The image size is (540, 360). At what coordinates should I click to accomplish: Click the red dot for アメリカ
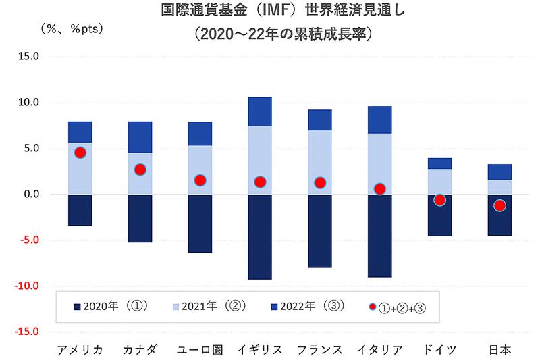click(x=80, y=153)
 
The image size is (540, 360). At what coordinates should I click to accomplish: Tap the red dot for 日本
click(x=500, y=205)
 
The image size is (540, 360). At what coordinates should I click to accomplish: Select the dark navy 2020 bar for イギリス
click(x=260, y=237)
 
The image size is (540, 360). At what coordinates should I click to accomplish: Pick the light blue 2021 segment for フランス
click(x=320, y=162)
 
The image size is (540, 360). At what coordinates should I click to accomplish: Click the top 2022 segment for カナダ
click(x=140, y=137)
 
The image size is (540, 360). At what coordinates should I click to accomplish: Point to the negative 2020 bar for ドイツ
click(x=439, y=215)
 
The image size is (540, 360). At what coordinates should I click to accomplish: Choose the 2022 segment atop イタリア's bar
click(x=380, y=120)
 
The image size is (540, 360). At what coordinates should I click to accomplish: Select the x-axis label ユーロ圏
click(x=200, y=349)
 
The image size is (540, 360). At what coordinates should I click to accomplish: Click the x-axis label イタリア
click(x=380, y=349)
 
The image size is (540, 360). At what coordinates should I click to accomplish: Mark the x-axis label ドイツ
click(x=439, y=349)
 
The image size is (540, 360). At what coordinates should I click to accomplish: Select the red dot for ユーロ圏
click(x=200, y=180)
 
